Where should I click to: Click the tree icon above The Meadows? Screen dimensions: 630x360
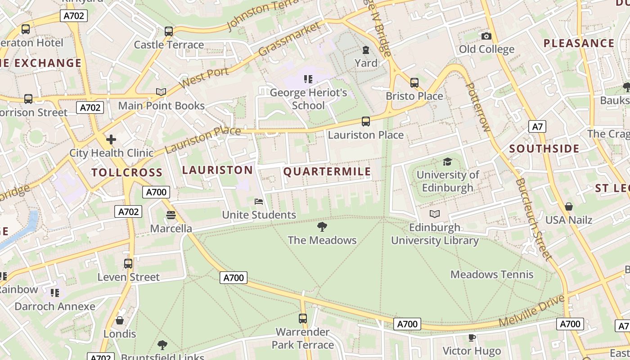(x=322, y=226)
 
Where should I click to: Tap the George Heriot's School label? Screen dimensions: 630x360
(x=308, y=99)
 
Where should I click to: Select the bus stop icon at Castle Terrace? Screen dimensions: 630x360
(x=169, y=31)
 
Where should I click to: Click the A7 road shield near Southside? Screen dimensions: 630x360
(x=537, y=126)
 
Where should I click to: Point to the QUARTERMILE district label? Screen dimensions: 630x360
(x=327, y=171)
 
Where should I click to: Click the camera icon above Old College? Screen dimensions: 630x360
(x=486, y=36)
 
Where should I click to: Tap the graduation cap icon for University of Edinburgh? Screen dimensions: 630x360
(x=447, y=162)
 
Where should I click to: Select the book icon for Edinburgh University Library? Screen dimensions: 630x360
(x=434, y=214)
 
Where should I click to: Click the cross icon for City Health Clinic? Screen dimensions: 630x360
(x=111, y=139)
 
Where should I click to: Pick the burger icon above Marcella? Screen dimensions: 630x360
(x=171, y=215)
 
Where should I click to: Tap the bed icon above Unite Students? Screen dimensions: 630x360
(x=259, y=201)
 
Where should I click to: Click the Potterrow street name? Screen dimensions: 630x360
(x=477, y=107)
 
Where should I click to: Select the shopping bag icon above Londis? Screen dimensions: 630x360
(x=120, y=320)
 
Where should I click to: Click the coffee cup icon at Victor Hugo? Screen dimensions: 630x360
(x=472, y=337)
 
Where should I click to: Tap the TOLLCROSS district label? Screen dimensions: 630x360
(x=127, y=172)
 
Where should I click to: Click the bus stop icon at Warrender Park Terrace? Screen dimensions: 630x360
(x=303, y=319)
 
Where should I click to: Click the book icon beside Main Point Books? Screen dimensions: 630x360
(x=161, y=92)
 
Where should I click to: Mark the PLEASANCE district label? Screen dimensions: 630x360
(x=579, y=43)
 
